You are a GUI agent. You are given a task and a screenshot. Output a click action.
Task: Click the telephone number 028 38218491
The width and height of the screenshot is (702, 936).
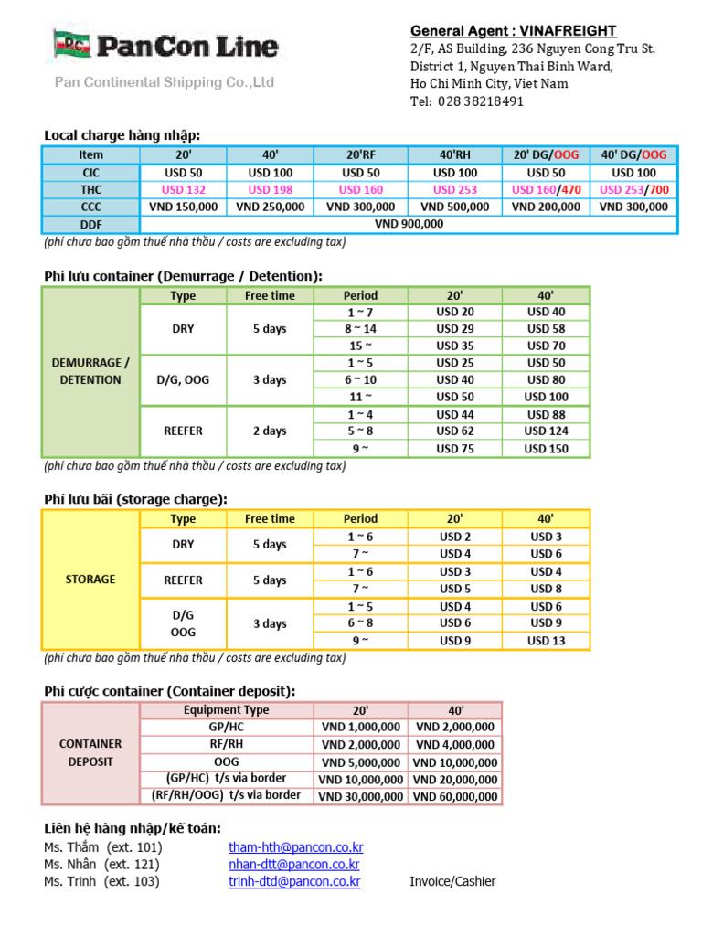(479, 101)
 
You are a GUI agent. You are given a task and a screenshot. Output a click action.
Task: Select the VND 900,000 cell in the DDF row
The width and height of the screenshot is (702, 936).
(409, 224)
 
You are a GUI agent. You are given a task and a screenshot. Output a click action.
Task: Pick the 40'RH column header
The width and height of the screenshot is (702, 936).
(455, 154)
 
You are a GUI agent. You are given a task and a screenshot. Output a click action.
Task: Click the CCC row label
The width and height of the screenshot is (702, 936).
(91, 207)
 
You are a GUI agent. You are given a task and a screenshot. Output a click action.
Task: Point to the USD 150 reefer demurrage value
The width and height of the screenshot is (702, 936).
(546, 449)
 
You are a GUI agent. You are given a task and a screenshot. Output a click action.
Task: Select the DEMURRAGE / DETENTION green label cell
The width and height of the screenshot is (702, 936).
(90, 371)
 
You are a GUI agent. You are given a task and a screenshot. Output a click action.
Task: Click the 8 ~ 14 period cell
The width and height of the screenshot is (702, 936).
(360, 328)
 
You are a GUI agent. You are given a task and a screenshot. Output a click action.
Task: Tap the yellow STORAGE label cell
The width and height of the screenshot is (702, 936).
(90, 580)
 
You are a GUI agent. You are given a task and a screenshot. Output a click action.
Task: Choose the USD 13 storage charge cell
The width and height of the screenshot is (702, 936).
(546, 641)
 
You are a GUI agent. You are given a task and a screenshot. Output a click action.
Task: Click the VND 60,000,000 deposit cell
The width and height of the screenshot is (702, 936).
(455, 796)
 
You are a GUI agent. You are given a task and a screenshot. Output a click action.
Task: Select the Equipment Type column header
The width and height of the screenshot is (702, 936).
(226, 709)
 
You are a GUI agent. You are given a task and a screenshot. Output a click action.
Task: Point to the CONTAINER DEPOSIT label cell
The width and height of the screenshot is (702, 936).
(90, 752)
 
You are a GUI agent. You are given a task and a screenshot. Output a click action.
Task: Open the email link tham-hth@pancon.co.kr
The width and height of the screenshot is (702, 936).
(294, 847)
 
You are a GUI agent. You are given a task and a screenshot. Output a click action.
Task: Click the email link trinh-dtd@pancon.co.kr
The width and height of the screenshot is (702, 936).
(294, 882)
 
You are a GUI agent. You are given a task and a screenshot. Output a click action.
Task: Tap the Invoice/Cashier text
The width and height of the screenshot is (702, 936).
(452, 882)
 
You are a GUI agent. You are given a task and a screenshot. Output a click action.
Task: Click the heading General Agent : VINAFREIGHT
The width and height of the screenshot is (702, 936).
(513, 31)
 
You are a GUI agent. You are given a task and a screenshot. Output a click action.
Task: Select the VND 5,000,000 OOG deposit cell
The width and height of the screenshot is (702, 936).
(360, 762)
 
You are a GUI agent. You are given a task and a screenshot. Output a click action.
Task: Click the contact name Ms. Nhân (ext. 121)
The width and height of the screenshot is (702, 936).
(101, 865)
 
